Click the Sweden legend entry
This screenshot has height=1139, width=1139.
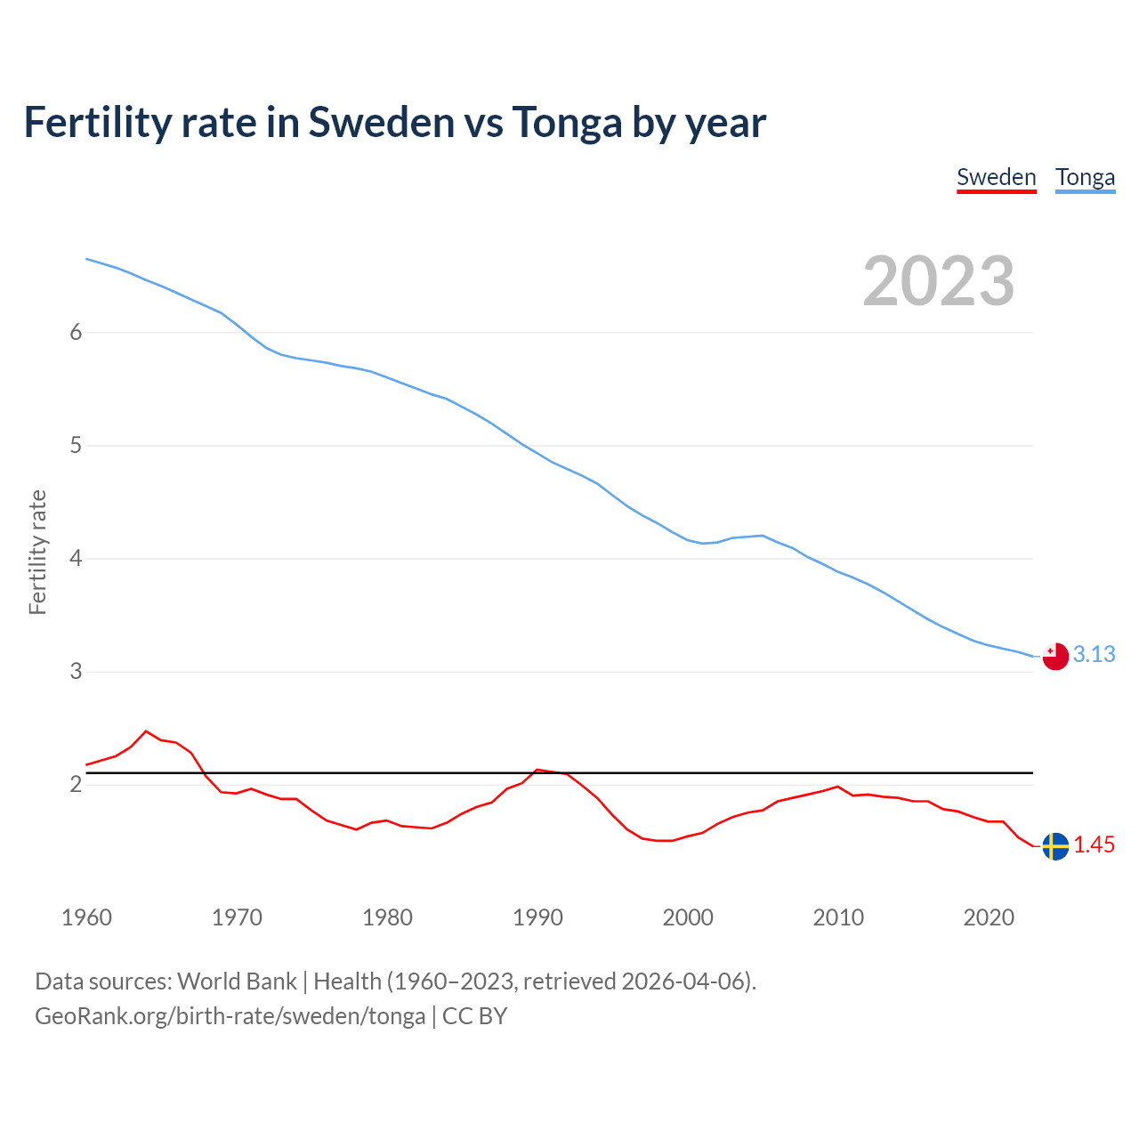point(996,177)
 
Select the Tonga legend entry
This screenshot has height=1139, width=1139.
point(1085,177)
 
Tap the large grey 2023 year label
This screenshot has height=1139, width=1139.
point(939,281)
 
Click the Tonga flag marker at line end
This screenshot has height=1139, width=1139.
point(1054,656)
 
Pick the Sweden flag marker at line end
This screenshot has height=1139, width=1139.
point(1054,846)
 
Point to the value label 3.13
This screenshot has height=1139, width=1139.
point(1094,655)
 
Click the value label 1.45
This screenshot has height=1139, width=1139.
point(1094,845)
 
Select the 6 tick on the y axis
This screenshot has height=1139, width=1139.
point(76,333)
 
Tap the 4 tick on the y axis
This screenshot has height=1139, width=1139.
point(76,559)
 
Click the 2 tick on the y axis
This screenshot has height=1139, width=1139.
point(76,785)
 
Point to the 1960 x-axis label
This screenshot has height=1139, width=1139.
point(86,917)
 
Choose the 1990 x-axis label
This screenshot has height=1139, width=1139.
point(537,917)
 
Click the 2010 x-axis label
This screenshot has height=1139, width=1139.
point(838,917)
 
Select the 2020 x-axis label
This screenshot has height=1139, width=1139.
point(989,917)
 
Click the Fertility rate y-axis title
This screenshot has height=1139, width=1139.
point(37,552)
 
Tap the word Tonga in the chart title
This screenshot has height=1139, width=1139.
point(566,123)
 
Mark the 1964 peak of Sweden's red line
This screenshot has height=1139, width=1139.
point(147,731)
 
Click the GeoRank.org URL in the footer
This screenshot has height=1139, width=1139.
point(230,1016)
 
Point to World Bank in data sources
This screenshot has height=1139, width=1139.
point(237,981)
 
